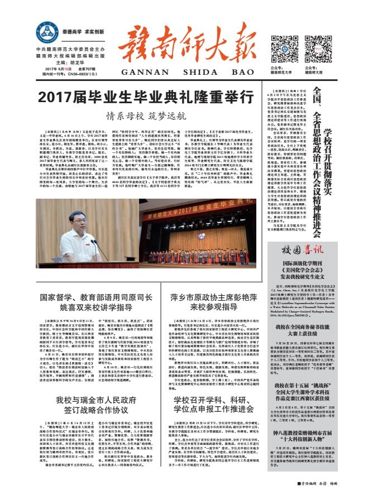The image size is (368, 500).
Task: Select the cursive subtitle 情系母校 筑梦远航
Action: click(146, 117)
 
